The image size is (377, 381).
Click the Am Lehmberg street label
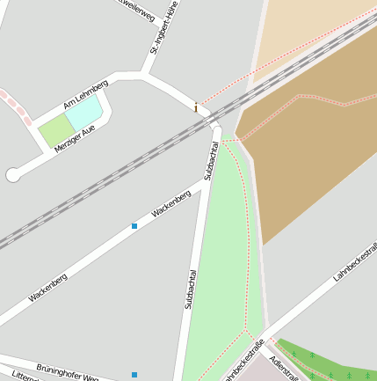pyautogui.click(x=85, y=95)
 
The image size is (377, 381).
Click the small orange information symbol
pyautogui.click(x=195, y=107)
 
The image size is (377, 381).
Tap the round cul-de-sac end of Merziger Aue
pyautogui.click(x=12, y=175)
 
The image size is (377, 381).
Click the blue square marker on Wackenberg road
pyautogui.click(x=134, y=226)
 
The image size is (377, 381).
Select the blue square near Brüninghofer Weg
pyautogui.click(x=134, y=375)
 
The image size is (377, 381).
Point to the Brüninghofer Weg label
pyautogui.click(x=67, y=370)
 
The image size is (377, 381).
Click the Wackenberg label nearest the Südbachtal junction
pyautogui.click(x=170, y=204)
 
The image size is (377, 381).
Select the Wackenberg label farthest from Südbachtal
pyautogui.click(x=47, y=288)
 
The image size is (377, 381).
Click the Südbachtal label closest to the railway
pyautogui.click(x=211, y=160)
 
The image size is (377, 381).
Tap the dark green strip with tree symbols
pyautogui.click(x=330, y=361)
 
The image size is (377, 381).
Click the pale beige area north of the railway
pyautogui.click(x=299, y=35)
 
